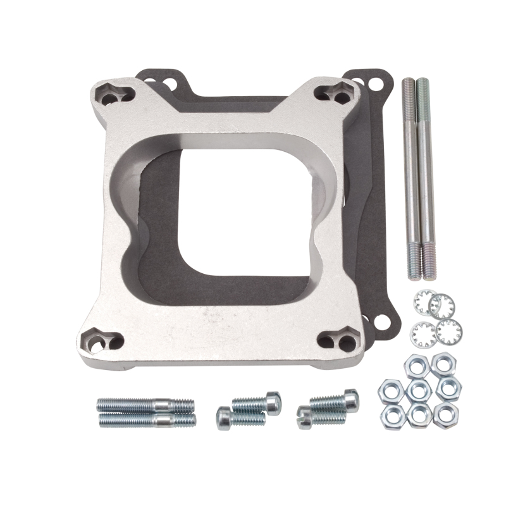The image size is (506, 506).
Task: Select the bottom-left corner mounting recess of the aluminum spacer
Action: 102,342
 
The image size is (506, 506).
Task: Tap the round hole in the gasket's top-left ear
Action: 170,82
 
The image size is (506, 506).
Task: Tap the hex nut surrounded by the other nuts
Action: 418,390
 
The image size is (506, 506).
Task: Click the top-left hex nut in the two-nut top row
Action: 417,366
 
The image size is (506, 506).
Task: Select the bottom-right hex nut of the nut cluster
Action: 445,414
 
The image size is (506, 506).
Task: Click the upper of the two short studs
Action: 145,405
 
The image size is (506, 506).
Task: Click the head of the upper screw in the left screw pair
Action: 273,402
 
